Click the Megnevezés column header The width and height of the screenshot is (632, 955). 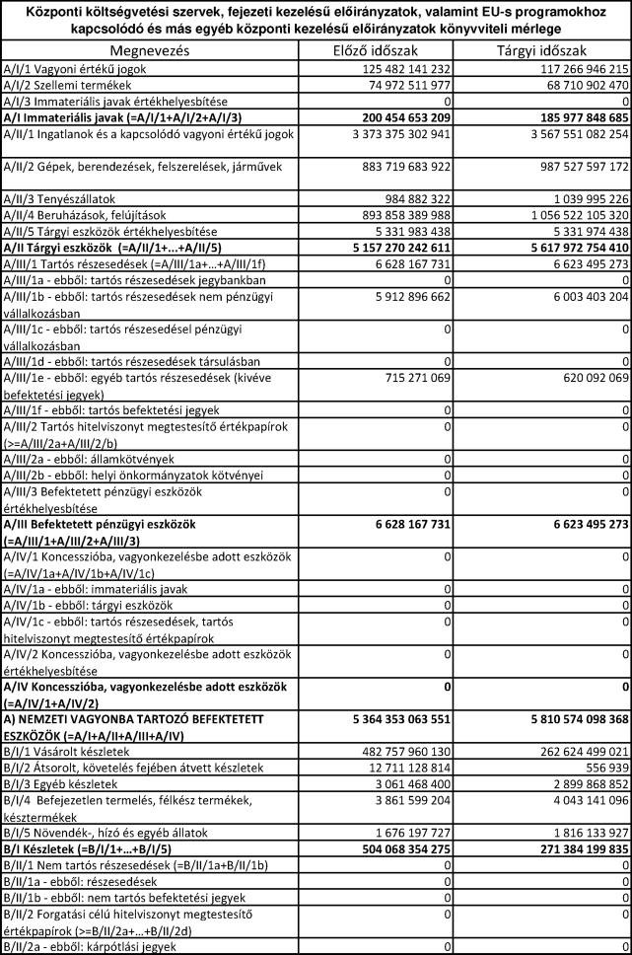160,49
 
